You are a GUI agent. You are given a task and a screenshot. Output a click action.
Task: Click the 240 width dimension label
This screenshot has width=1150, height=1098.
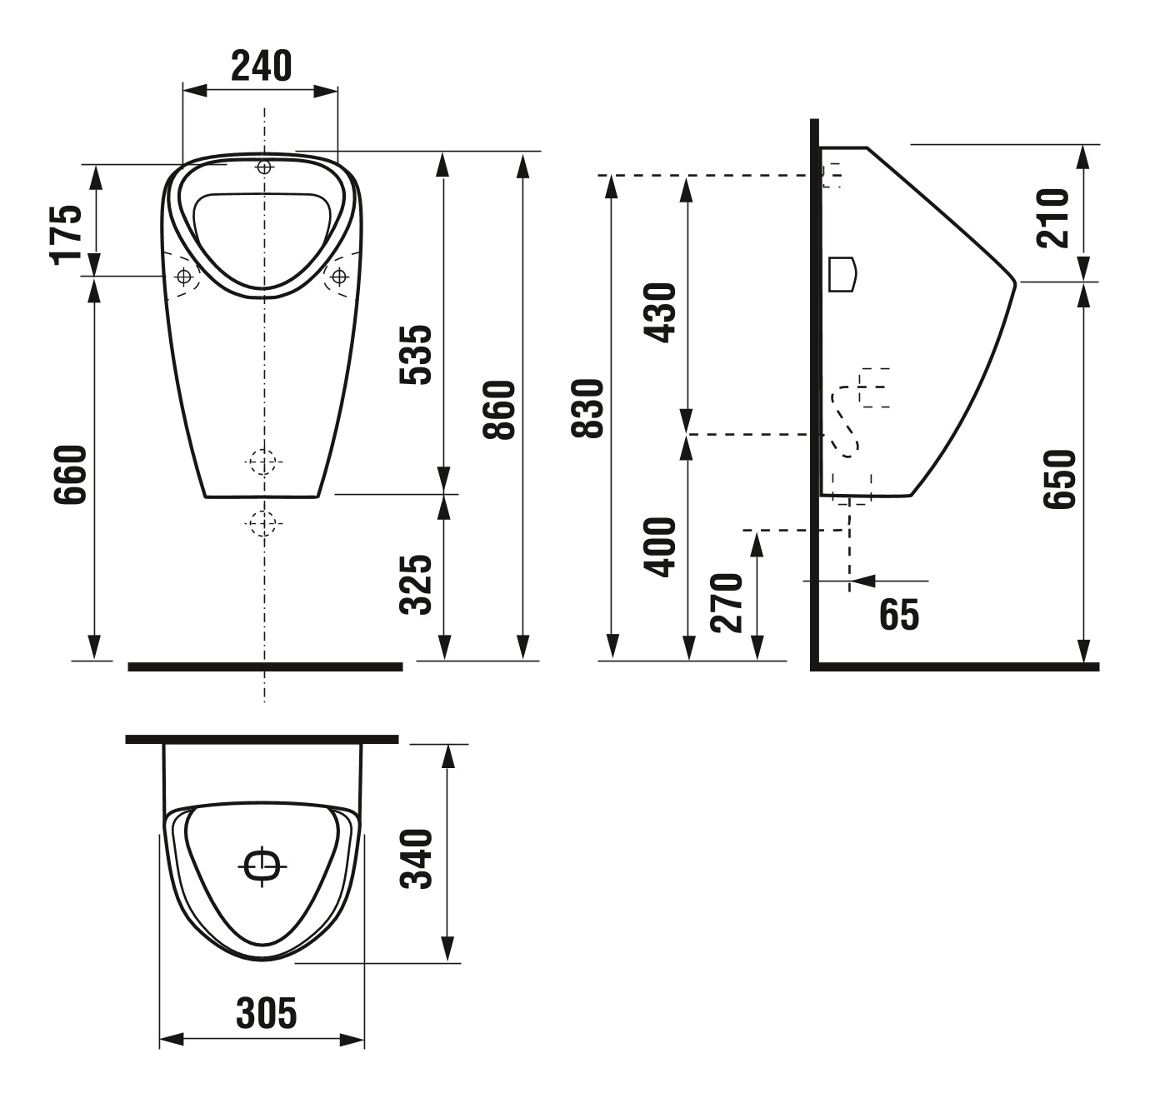click(x=261, y=66)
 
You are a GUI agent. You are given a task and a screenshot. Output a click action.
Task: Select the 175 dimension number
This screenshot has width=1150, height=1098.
click(x=66, y=234)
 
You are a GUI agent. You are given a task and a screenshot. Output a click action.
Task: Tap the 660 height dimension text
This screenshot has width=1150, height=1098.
click(x=70, y=475)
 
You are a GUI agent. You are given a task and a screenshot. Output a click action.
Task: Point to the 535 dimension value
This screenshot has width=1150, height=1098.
click(x=416, y=354)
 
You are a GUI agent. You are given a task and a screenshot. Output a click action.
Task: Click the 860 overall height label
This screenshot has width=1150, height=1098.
click(x=499, y=410)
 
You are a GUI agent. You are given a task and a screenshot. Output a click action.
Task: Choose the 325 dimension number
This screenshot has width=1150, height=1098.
click(x=416, y=585)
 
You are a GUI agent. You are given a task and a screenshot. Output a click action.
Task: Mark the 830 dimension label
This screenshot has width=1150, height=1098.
click(x=588, y=408)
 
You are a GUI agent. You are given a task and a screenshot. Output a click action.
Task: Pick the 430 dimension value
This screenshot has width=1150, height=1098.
click(x=659, y=313)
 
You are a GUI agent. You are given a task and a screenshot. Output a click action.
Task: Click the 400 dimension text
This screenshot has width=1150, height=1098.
click(x=659, y=547)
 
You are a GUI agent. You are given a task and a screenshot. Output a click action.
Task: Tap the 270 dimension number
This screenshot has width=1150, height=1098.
click(x=727, y=602)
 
